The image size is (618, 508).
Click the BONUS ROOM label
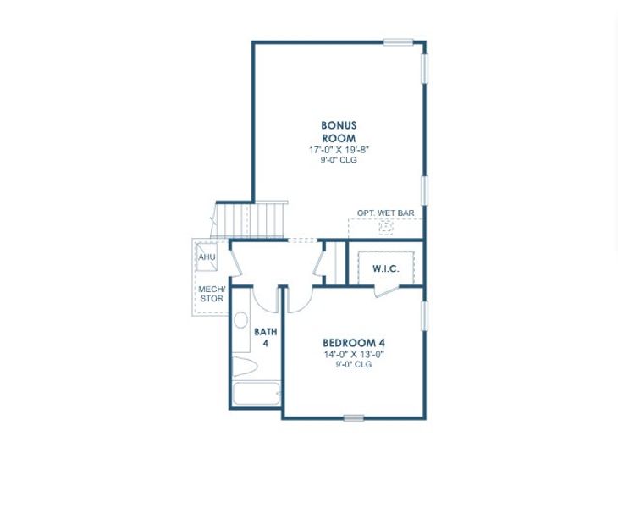click(x=339, y=132)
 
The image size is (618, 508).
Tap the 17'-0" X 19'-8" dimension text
click(x=339, y=150)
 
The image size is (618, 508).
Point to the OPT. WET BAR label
click(x=385, y=213)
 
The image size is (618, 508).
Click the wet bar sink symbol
click(x=386, y=227)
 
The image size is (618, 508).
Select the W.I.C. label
click(x=385, y=269)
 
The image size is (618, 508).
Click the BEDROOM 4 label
click(x=354, y=343)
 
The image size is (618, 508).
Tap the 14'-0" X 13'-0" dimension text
click(x=354, y=355)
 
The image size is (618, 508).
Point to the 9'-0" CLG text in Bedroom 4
click(x=354, y=365)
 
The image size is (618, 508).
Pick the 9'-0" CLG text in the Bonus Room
click(x=339, y=160)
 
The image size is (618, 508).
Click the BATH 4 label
click(x=265, y=337)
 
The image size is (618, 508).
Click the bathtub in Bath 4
click(x=256, y=395)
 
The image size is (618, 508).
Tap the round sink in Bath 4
click(x=240, y=321)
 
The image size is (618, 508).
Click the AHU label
click(x=207, y=257)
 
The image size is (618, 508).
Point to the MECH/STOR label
click(x=212, y=294)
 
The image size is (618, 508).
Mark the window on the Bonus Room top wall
click(x=398, y=42)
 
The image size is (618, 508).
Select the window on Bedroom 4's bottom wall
click(x=354, y=418)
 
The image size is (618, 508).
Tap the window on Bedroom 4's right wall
click(x=424, y=316)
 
